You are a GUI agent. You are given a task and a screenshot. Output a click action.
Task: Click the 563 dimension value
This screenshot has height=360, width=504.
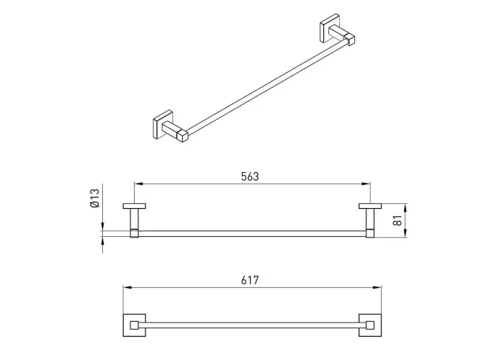point(250,176)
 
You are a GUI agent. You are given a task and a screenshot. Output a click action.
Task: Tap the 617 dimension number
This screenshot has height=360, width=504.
point(250,280)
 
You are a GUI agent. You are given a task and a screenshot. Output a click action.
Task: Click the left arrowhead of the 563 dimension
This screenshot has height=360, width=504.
point(138,184)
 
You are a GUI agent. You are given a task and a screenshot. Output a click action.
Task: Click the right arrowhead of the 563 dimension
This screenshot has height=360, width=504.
point(366,184)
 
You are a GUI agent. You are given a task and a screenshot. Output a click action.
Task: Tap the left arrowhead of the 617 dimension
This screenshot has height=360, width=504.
point(127,288)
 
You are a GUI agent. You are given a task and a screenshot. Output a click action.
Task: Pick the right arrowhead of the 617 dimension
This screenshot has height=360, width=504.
point(377,288)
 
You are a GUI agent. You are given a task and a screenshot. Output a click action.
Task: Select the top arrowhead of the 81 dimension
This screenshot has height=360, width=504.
point(405,207)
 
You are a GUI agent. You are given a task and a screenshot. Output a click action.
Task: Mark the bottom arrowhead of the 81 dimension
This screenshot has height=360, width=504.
point(405,233)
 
